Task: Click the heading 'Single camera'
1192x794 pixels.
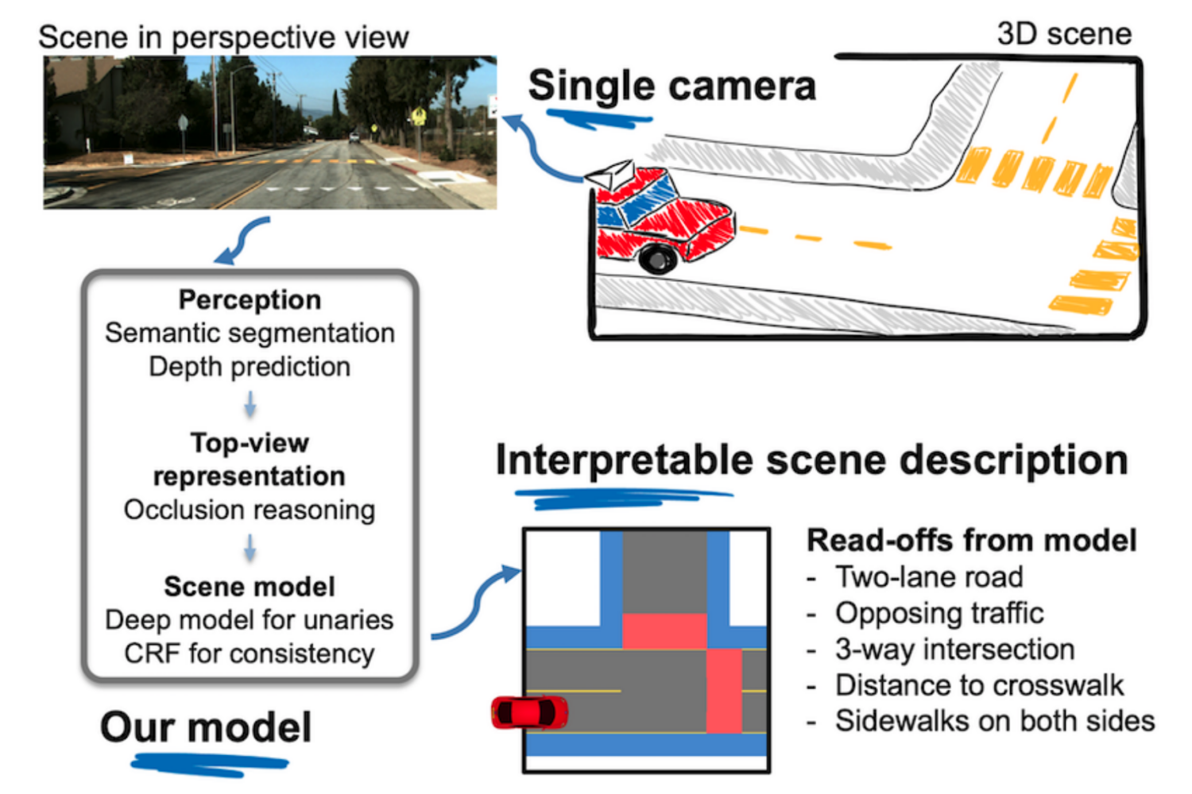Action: (671, 86)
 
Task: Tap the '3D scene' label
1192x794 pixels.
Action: (1063, 34)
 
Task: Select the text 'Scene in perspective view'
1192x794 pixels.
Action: (223, 37)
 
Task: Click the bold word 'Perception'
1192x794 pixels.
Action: (250, 300)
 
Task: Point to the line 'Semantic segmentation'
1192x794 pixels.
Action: (250, 333)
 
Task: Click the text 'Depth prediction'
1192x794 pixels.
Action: (250, 367)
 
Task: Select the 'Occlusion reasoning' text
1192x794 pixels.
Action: (250, 510)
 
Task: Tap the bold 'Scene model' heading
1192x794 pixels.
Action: (250, 587)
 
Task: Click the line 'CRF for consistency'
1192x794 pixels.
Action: (250, 653)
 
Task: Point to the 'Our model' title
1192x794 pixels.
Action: (206, 727)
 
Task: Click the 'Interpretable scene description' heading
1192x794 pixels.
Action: (811, 461)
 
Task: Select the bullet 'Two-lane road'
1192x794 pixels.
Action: (928, 577)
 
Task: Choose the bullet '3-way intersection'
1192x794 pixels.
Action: (954, 649)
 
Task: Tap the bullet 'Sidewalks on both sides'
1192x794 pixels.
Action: (994, 721)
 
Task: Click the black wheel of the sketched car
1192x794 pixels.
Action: (658, 258)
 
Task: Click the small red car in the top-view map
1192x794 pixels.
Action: (530, 712)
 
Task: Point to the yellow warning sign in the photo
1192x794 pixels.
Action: (418, 118)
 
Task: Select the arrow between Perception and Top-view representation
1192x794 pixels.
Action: (250, 404)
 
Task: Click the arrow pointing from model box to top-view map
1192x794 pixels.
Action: (477, 603)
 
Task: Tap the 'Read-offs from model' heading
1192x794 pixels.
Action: (971, 541)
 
